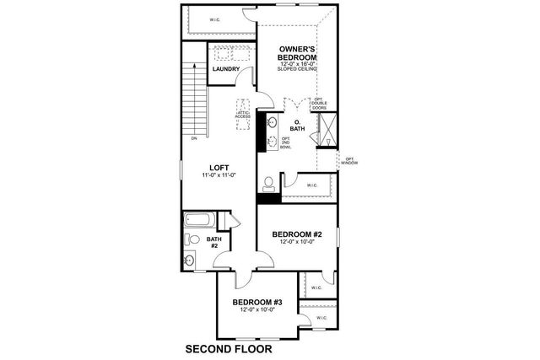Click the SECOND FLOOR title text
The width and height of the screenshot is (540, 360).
click(229, 347)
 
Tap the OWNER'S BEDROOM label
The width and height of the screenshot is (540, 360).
click(298, 54)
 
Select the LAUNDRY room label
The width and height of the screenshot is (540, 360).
click(226, 68)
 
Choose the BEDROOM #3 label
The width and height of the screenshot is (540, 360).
click(256, 301)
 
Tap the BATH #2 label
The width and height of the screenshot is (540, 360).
click(214, 243)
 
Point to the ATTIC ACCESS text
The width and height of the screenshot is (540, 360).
click(243, 116)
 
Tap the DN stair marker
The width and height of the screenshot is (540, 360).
click(194, 137)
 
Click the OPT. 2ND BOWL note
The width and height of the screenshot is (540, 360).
click(285, 142)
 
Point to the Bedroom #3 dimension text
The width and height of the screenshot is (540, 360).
click(256, 309)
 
